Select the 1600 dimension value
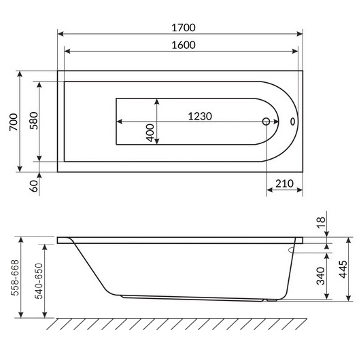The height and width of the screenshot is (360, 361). tap(180, 45)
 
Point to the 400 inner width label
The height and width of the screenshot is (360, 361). tap(150, 132)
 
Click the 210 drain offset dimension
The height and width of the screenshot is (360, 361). tap(284, 183)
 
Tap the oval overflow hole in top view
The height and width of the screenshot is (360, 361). tap(293, 122)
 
